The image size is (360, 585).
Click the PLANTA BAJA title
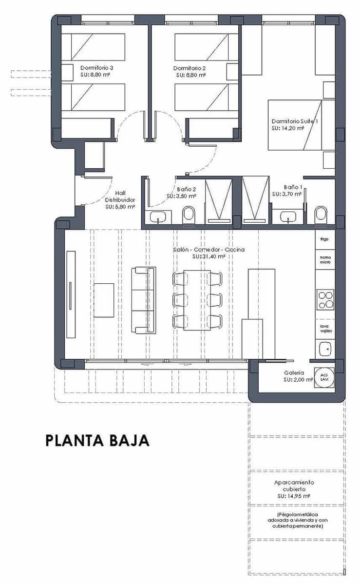tap(97, 440)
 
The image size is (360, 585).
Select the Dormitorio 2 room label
tap(189, 68)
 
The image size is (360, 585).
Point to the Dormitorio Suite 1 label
tap(295, 121)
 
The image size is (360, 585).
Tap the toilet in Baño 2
tap(189, 214)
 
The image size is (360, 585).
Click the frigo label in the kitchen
tap(325, 239)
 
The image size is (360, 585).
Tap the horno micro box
tap(325, 260)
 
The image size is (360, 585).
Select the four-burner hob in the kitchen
tap(325, 299)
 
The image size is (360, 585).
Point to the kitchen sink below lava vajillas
tap(325, 349)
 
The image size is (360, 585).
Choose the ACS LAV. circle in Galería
tap(324, 377)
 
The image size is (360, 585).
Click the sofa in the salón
tap(145, 300)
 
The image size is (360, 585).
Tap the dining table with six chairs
tap(197, 300)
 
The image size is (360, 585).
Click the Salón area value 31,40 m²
tap(208, 256)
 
